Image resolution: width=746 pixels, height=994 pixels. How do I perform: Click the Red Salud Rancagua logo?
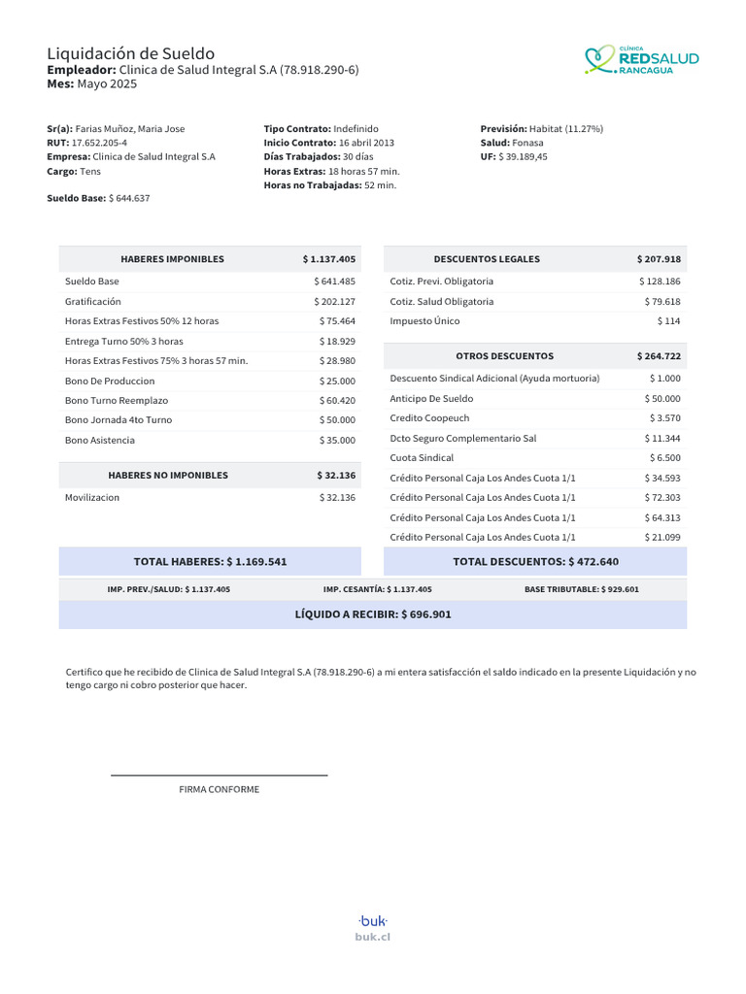click(x=641, y=60)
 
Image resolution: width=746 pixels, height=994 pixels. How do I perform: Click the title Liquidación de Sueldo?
click(x=131, y=53)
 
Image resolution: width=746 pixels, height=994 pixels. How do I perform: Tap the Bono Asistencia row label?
click(x=100, y=440)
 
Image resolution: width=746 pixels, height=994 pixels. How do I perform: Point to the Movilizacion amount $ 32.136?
click(x=337, y=497)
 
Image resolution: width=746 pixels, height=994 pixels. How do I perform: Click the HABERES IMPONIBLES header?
click(x=172, y=259)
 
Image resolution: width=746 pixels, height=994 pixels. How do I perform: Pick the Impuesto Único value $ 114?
click(x=668, y=320)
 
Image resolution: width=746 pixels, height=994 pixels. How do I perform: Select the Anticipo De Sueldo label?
click(x=431, y=398)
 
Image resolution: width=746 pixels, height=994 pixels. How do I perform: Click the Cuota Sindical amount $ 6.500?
click(x=664, y=457)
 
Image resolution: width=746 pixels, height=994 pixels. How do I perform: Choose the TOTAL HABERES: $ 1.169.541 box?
click(x=210, y=561)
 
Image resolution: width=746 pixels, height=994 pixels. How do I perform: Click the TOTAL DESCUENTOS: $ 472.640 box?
click(x=535, y=561)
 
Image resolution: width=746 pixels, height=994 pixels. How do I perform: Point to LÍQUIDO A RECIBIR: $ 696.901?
click(x=373, y=614)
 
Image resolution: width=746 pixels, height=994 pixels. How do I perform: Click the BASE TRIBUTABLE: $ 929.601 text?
click(x=582, y=589)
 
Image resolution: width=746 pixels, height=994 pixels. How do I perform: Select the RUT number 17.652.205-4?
click(x=99, y=143)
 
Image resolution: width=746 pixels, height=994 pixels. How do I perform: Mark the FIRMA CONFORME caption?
click(x=220, y=789)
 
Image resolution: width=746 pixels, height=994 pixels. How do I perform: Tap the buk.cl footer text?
click(x=373, y=937)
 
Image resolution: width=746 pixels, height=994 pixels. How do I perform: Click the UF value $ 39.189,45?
click(x=523, y=156)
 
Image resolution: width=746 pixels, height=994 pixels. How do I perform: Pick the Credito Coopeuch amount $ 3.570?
click(x=665, y=417)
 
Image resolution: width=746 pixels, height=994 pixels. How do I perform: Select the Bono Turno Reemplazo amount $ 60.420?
click(x=337, y=400)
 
